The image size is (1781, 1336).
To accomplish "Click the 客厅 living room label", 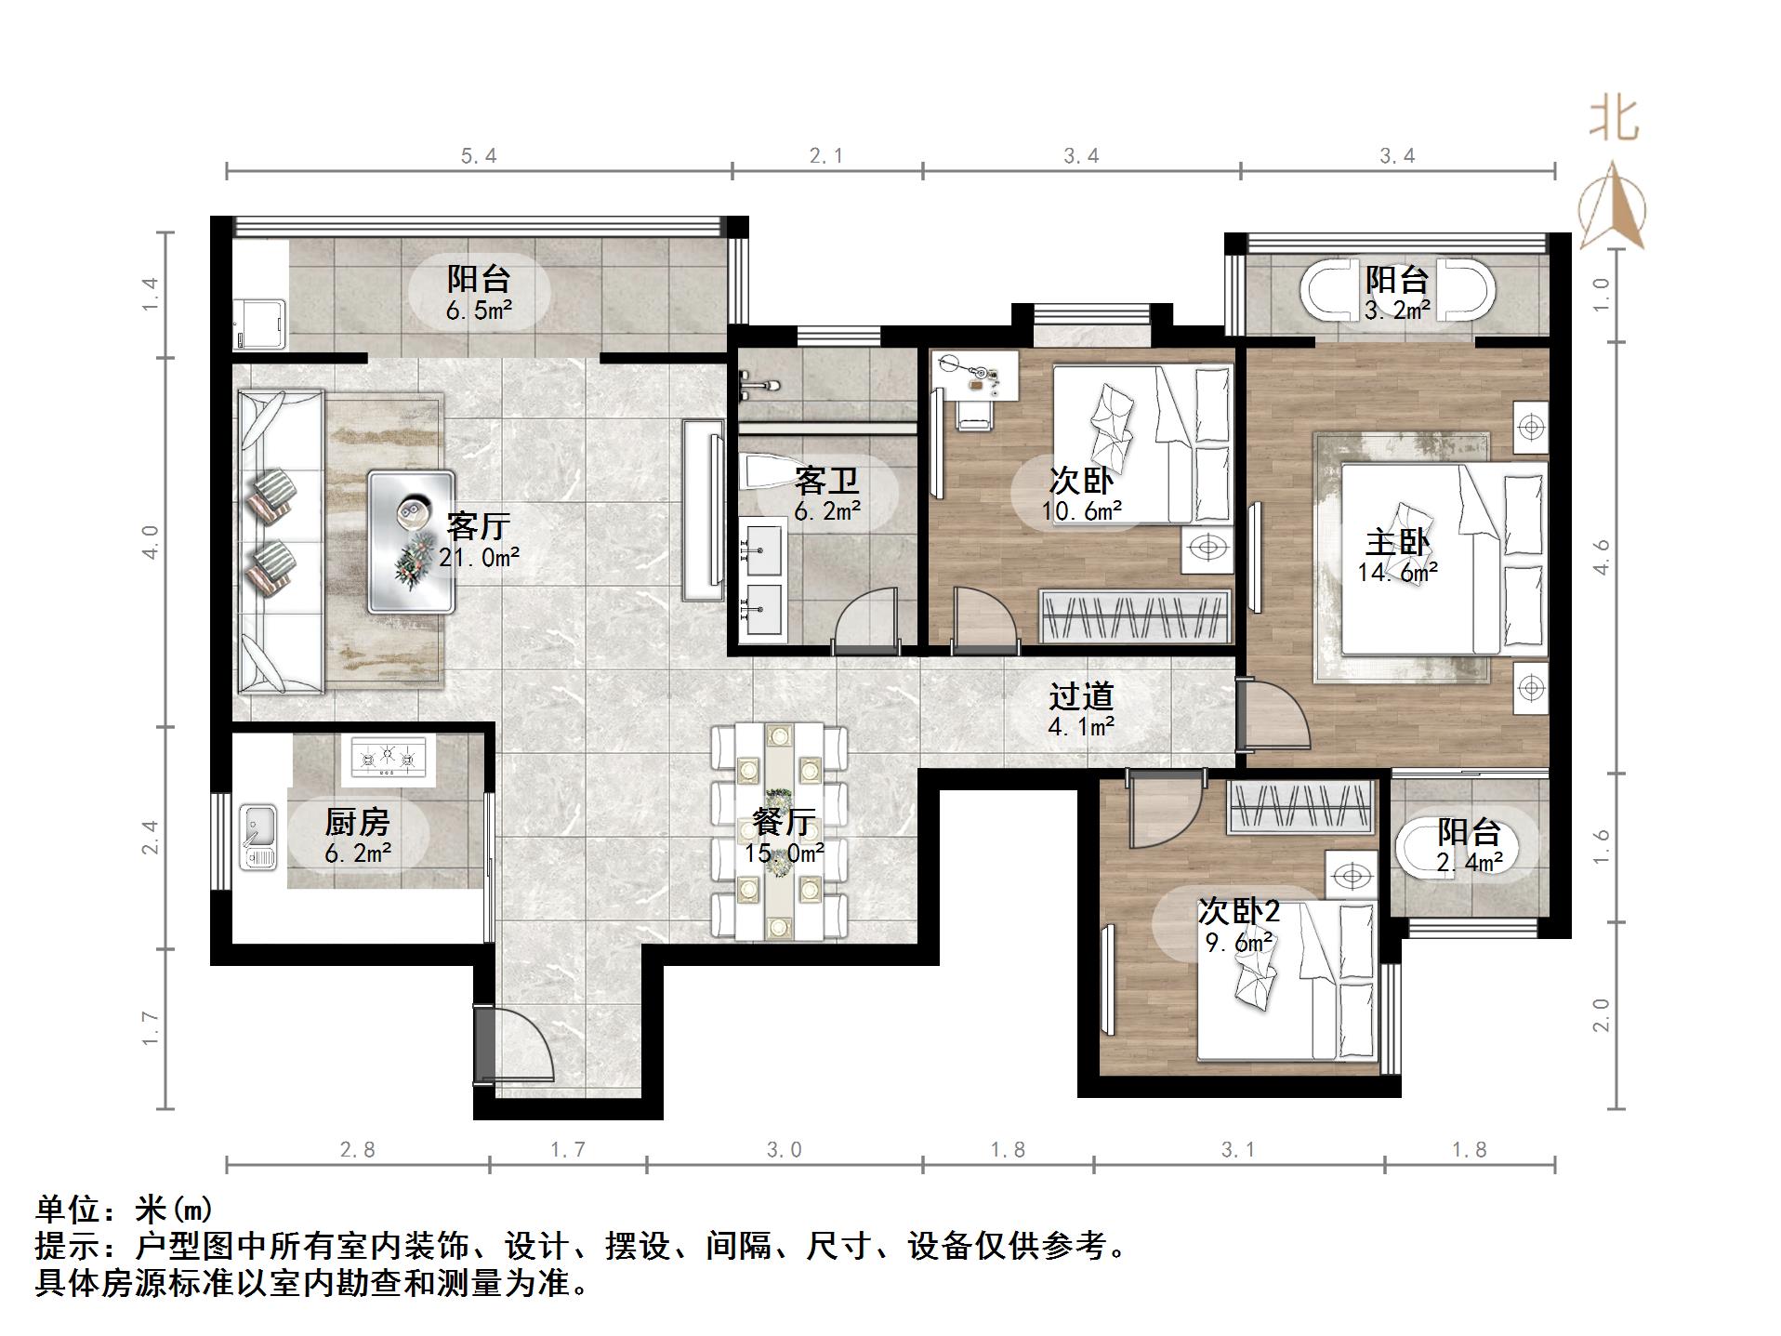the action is (478, 526).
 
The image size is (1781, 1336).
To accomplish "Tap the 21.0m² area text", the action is (479, 558).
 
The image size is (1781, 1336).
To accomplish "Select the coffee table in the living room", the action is (411, 541).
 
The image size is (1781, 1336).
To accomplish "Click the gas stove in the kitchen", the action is (389, 757).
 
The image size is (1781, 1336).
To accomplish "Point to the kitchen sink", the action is (258, 838).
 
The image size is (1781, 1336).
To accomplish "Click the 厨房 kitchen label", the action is (358, 822).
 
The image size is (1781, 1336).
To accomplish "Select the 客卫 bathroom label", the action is (826, 481).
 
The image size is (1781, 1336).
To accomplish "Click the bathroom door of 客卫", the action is (866, 616).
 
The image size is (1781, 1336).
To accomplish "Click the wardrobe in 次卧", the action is (1135, 615).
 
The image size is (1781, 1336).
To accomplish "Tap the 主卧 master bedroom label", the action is (1397, 542).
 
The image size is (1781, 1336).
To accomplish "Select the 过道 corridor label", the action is (1081, 695).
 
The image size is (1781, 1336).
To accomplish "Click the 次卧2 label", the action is (1239, 911).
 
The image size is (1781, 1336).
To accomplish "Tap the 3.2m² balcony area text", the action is (1397, 311).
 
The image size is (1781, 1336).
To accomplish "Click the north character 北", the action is (1613, 120).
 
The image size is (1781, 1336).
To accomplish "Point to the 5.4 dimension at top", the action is (479, 156).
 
